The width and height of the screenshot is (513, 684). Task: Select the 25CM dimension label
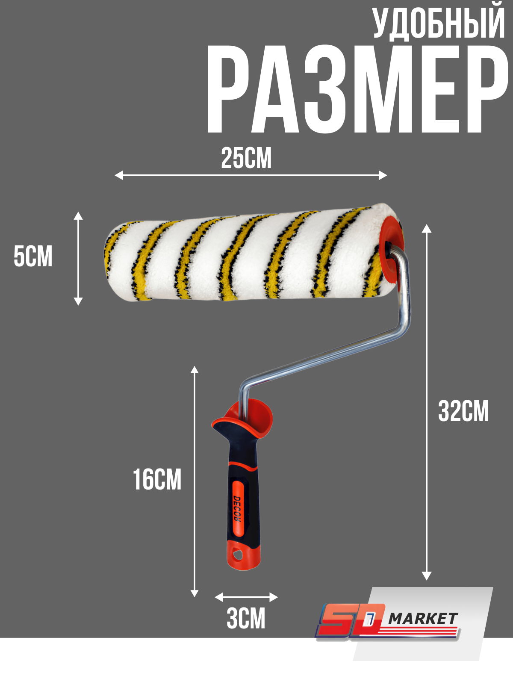click(246, 159)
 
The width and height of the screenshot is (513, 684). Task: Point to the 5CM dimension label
click(33, 256)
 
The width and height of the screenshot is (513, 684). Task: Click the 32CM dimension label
click(463, 411)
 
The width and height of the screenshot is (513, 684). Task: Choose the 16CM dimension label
click(157, 480)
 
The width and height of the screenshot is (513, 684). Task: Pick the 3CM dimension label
click(246, 619)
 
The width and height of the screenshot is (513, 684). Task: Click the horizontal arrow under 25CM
click(251, 175)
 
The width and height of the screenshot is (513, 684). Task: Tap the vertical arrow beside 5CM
click(78, 258)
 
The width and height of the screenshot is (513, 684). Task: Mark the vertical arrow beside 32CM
click(426, 402)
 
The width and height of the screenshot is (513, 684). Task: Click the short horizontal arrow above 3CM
click(246, 597)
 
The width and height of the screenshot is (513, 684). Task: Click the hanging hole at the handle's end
click(237, 556)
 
